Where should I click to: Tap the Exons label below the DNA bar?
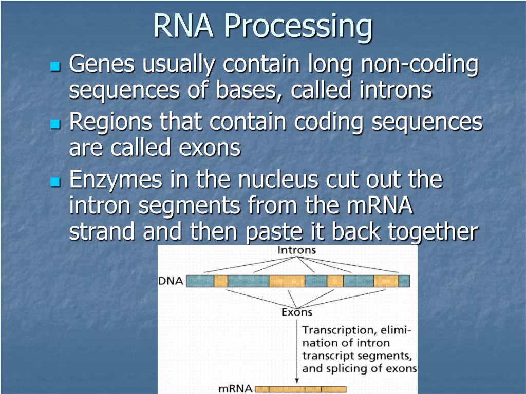296,312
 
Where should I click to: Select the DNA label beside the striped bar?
171,281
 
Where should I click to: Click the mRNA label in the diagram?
235,389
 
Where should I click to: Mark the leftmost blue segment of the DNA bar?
200,281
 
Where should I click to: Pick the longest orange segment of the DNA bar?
287,281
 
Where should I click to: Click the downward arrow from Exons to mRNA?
296,349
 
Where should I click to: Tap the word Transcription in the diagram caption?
336,330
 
